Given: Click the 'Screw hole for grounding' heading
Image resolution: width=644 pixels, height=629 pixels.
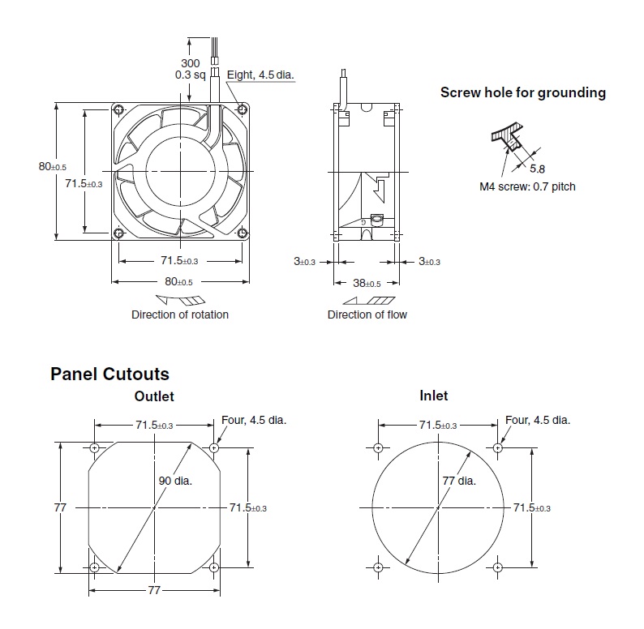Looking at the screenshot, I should (522, 92).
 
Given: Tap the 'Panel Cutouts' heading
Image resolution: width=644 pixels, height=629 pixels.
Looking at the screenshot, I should (109, 374).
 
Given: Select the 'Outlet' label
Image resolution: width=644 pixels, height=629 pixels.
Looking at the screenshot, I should (154, 396).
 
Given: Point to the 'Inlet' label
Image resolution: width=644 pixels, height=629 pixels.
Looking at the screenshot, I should (434, 396).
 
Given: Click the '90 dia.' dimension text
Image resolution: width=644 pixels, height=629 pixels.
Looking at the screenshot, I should (175, 480).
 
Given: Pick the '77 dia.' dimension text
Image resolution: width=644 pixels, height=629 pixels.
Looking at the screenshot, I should (459, 480).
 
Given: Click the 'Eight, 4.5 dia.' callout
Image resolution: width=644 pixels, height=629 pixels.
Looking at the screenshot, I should (260, 75).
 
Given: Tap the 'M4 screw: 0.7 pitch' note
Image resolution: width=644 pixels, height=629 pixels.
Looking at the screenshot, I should (527, 186).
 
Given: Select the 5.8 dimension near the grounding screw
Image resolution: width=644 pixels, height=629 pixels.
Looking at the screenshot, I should (538, 169).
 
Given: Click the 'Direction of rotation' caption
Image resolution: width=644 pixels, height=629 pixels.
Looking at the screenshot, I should (180, 314).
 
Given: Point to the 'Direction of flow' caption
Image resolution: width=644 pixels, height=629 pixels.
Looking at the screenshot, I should (367, 314).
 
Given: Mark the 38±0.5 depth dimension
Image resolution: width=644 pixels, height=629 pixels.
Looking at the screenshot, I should (367, 284).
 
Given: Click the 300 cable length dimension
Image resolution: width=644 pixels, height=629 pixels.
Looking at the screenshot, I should (191, 63).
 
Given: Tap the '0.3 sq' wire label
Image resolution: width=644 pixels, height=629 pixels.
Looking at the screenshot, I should (191, 75).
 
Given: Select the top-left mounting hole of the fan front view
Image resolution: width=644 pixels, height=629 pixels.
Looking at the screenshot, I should (119, 110).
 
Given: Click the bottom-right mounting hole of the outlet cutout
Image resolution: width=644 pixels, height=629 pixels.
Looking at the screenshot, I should (214, 567).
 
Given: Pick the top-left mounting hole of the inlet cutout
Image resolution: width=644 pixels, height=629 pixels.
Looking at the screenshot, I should (379, 448).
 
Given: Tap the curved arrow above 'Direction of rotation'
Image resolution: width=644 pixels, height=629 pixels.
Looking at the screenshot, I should (180, 300).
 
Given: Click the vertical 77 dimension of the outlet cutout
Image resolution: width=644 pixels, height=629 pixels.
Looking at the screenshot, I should (59, 507).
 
